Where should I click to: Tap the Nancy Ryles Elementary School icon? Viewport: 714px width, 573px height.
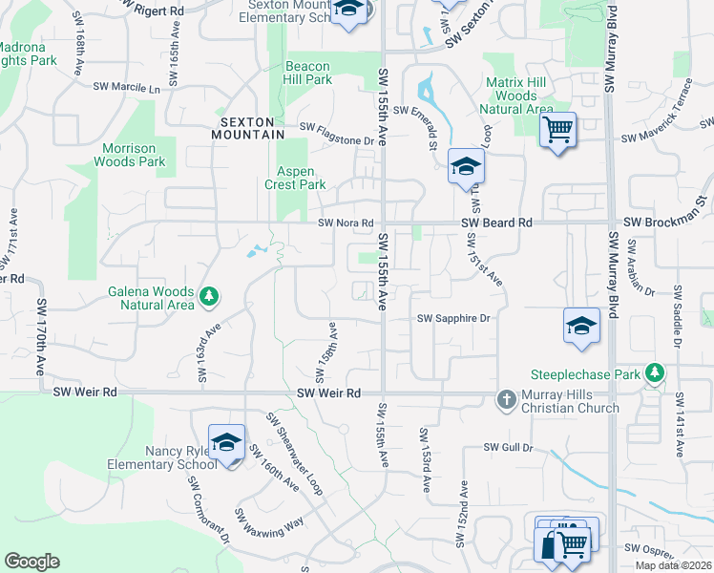point(226,442)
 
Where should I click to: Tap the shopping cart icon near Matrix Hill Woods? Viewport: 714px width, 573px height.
point(557,129)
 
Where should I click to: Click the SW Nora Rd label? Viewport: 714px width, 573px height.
point(345,223)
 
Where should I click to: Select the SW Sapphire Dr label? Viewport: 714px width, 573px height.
point(453,319)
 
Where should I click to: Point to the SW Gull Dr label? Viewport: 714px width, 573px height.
point(506,446)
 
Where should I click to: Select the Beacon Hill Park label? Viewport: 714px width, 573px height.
point(308,74)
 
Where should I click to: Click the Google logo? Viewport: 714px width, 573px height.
point(31,562)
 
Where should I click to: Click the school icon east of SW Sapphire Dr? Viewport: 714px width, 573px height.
point(580,326)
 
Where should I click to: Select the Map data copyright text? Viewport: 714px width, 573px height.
point(674,565)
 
